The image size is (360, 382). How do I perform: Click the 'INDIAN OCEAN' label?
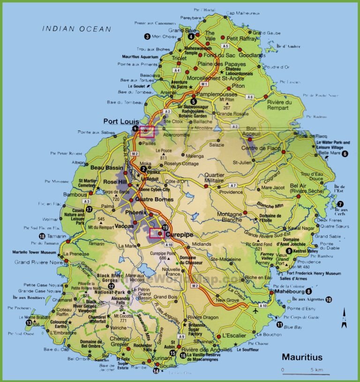[76, 29]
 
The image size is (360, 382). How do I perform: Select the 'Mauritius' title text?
[302, 357]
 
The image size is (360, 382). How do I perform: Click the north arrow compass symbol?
[344, 318]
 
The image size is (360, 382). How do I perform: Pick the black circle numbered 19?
[165, 228]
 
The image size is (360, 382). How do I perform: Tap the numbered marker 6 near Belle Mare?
[345, 154]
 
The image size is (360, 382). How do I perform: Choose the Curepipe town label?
[180, 234]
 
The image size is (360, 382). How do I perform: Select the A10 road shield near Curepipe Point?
[169, 245]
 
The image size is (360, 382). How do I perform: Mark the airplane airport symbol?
[255, 310]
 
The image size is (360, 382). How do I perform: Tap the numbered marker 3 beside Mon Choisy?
[147, 37]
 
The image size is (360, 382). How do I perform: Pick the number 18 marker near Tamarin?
[42, 236]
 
